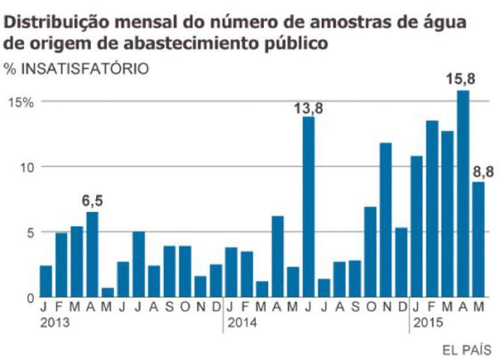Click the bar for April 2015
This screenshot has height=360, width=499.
463,195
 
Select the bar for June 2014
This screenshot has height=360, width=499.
309,208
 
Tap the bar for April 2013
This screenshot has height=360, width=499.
92,255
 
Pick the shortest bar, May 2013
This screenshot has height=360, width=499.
108,293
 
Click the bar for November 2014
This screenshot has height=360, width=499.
386,221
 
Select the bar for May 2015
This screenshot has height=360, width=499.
478,240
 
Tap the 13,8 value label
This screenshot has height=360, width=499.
308,109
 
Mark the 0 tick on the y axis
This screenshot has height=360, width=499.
30,298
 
